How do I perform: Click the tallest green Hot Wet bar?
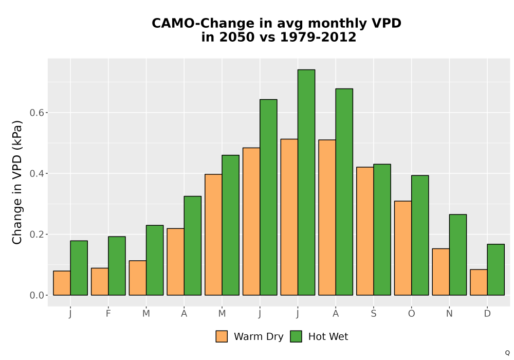[x=306, y=182]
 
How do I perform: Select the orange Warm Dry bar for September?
[x=365, y=231]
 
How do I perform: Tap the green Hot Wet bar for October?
[x=420, y=235]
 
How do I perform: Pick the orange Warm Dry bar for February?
[x=100, y=282]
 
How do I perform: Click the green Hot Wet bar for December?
[x=495, y=269]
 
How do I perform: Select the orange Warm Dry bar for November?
[x=440, y=272]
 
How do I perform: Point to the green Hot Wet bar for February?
[x=117, y=266]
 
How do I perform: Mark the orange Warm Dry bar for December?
[x=479, y=282]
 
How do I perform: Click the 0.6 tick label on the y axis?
[x=36, y=113]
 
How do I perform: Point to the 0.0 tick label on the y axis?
[x=36, y=295]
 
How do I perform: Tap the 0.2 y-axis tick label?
[x=36, y=235]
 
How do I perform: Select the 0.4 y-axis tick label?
[x=36, y=173]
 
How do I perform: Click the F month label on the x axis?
[x=108, y=314]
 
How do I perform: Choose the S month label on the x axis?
[x=373, y=314]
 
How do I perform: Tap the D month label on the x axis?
[x=487, y=314]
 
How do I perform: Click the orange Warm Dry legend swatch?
[x=222, y=336]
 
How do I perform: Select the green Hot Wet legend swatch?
[x=296, y=336]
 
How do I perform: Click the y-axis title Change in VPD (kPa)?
[x=17, y=182]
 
